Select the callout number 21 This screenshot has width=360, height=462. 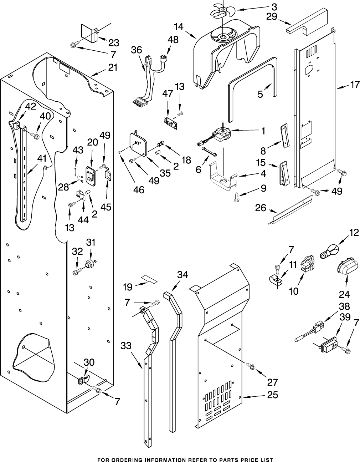113,67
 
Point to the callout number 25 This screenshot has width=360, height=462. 272,395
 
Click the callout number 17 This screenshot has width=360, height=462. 355,85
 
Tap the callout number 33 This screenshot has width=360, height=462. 126,346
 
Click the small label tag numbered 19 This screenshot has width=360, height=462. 150,279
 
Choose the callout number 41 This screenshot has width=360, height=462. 42,158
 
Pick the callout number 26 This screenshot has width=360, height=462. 261,208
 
